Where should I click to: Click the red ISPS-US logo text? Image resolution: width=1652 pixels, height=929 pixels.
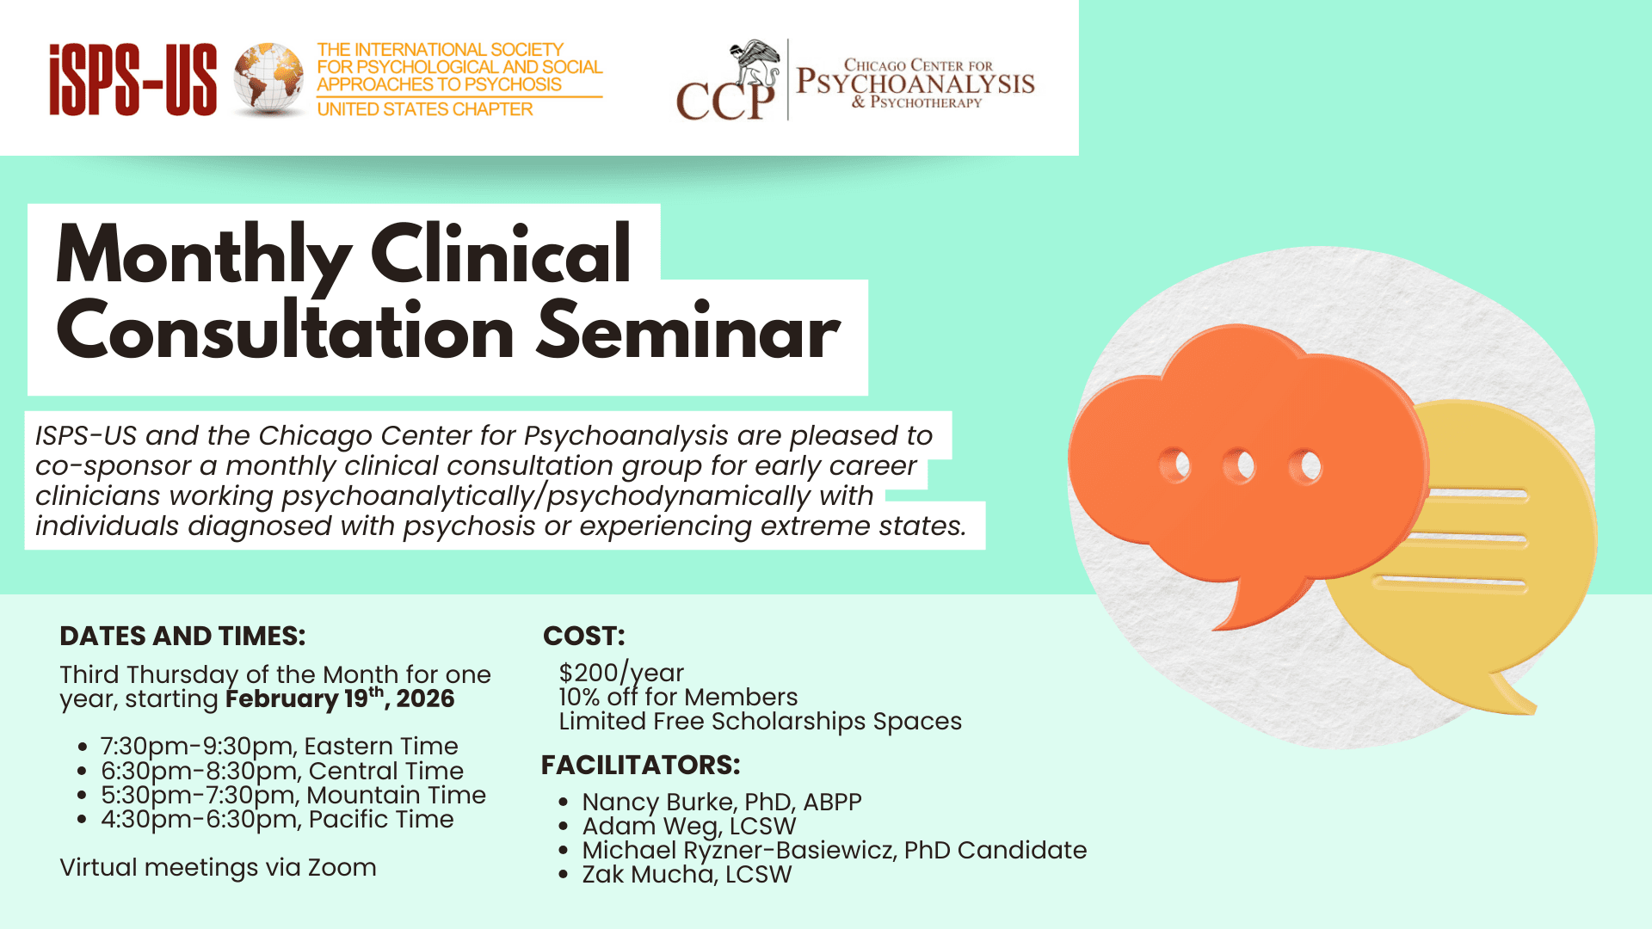(x=133, y=80)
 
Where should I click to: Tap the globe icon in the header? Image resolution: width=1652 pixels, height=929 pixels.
(x=268, y=79)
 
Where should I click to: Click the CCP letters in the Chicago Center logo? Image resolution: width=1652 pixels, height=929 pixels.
(x=725, y=101)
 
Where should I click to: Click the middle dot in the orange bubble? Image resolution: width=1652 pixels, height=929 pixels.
(x=1239, y=466)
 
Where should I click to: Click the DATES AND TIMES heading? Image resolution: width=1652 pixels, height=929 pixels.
(x=182, y=636)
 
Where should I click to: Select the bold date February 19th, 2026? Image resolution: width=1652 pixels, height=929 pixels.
(x=340, y=698)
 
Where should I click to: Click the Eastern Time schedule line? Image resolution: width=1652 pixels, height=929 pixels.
(x=280, y=746)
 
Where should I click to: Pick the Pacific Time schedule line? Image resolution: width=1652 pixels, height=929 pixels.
(x=277, y=819)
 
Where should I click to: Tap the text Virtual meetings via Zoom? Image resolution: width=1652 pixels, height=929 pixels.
(x=218, y=867)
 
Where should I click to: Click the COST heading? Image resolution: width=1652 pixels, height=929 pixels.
(x=584, y=636)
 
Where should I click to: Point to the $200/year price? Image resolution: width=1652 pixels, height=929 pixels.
(x=621, y=673)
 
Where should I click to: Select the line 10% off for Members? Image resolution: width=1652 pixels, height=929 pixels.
(x=678, y=697)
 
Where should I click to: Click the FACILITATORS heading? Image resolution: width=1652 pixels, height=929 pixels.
(x=641, y=765)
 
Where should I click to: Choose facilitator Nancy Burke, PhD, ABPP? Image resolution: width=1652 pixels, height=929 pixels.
(x=722, y=802)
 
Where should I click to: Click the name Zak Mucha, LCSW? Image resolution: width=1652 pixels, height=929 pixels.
(x=687, y=874)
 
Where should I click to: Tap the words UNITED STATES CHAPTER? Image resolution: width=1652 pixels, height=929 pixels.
(x=425, y=109)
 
